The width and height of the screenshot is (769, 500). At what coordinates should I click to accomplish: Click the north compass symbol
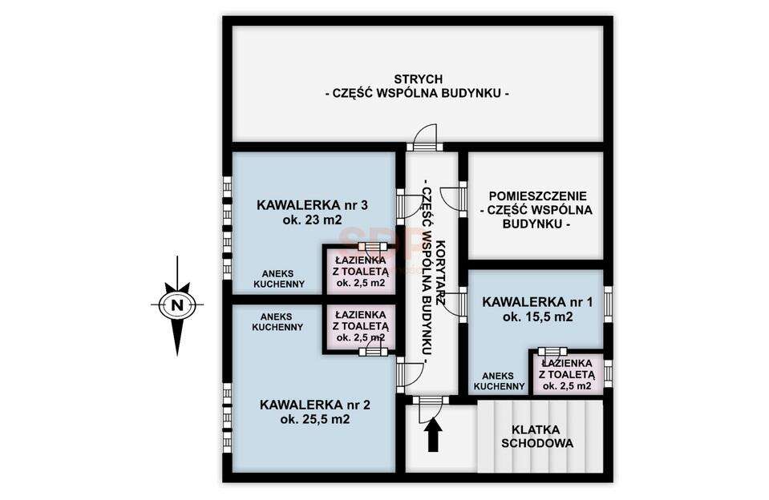177,304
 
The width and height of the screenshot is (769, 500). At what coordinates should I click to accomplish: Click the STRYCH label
419,79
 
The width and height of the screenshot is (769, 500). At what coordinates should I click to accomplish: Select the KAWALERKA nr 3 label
312,205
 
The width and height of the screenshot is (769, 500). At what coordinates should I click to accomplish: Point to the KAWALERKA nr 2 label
315,405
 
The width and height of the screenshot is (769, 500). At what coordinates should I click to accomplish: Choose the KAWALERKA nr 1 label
537,302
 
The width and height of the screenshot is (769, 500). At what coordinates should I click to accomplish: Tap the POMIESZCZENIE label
537,196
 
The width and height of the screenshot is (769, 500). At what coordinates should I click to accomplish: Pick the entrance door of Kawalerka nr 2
408,374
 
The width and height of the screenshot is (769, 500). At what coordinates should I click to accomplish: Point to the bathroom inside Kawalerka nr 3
361,271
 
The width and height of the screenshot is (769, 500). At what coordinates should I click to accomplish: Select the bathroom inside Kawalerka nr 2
361,326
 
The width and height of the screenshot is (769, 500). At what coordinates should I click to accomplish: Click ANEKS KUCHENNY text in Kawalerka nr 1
498,381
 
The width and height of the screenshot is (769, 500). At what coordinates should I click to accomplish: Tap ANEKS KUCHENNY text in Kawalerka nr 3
279,278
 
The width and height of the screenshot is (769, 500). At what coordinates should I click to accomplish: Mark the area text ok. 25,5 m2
315,420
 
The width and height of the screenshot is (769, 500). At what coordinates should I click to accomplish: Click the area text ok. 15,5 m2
537,317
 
